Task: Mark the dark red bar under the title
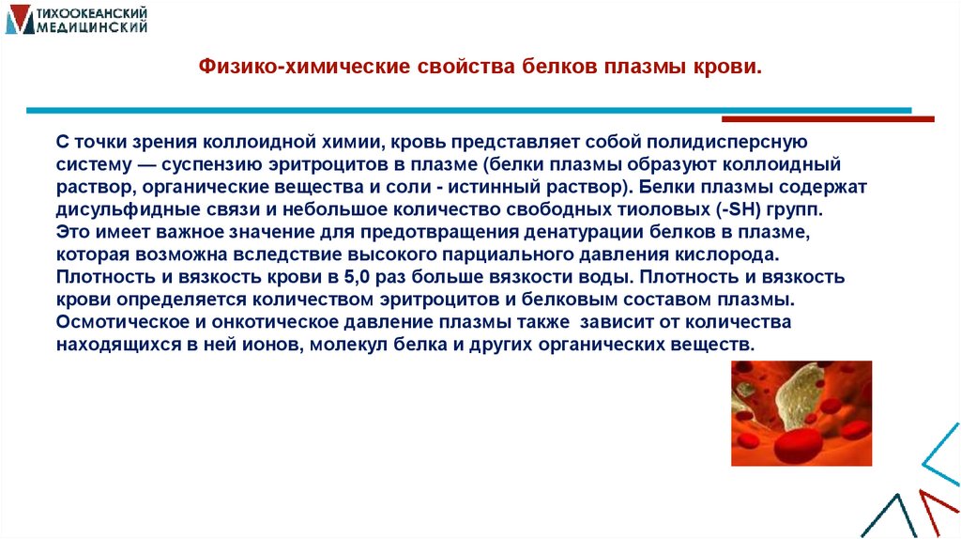(828, 119)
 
